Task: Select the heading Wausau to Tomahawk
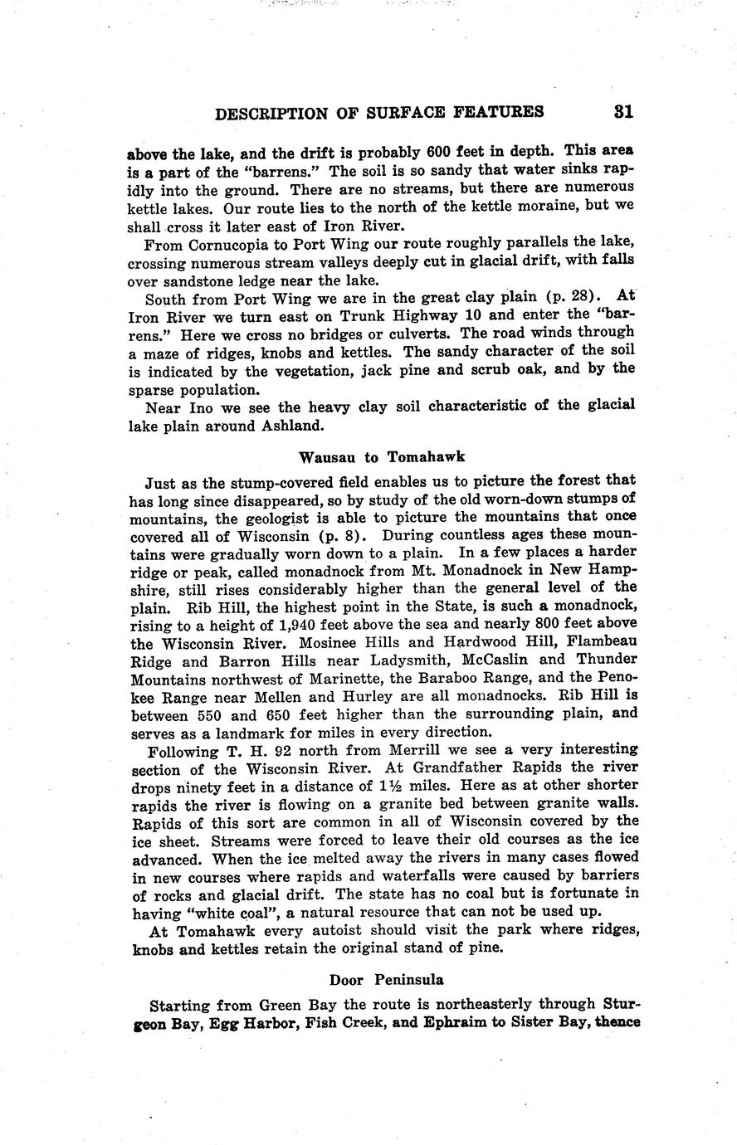point(382,456)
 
